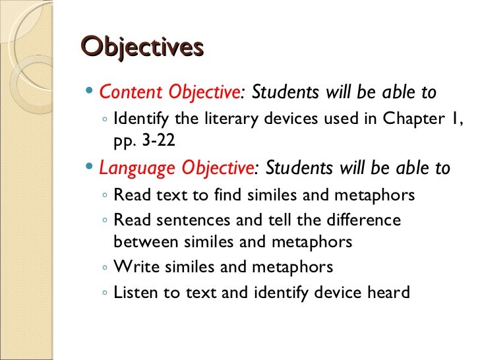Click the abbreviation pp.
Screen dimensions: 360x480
tap(123, 141)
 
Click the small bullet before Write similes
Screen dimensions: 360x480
tap(106, 268)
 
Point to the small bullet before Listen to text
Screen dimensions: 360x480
tap(106, 293)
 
